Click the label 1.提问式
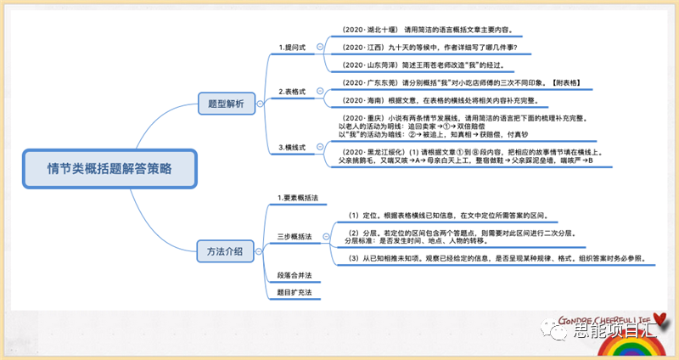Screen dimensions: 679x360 [x=294, y=48]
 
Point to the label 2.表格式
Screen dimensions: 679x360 [x=294, y=91]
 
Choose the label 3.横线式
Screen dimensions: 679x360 [x=294, y=148]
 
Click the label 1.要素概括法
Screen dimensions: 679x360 [x=298, y=198]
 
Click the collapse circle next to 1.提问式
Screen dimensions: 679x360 [x=319, y=48]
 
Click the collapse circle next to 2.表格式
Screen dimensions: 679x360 [x=319, y=92]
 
